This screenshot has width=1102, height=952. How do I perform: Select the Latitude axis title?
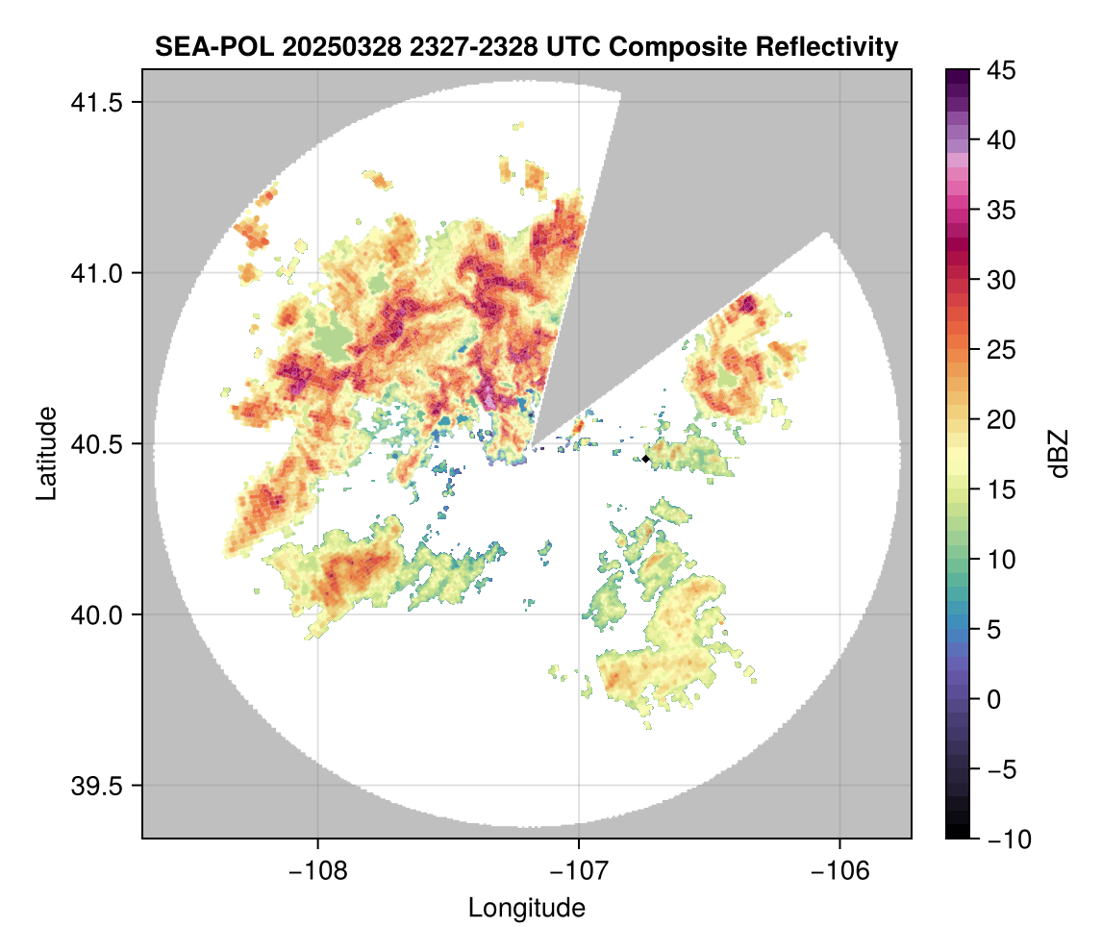tap(46, 453)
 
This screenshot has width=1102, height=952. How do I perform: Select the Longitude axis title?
tap(527, 907)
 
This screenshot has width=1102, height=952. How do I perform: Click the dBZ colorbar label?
tap(1059, 454)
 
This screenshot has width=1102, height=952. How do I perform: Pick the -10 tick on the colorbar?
tap(1007, 839)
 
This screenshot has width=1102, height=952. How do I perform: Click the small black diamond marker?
tap(646, 459)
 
